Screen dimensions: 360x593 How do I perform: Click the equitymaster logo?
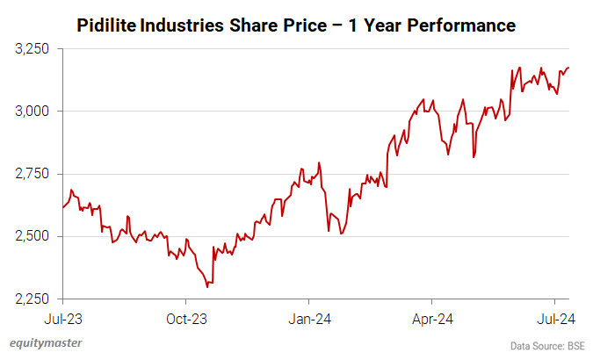click(46, 343)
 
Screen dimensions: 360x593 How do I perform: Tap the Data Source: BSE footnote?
click(546, 345)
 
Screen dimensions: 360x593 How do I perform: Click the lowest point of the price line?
click(207, 286)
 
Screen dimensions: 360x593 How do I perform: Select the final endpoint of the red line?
click(568, 68)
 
